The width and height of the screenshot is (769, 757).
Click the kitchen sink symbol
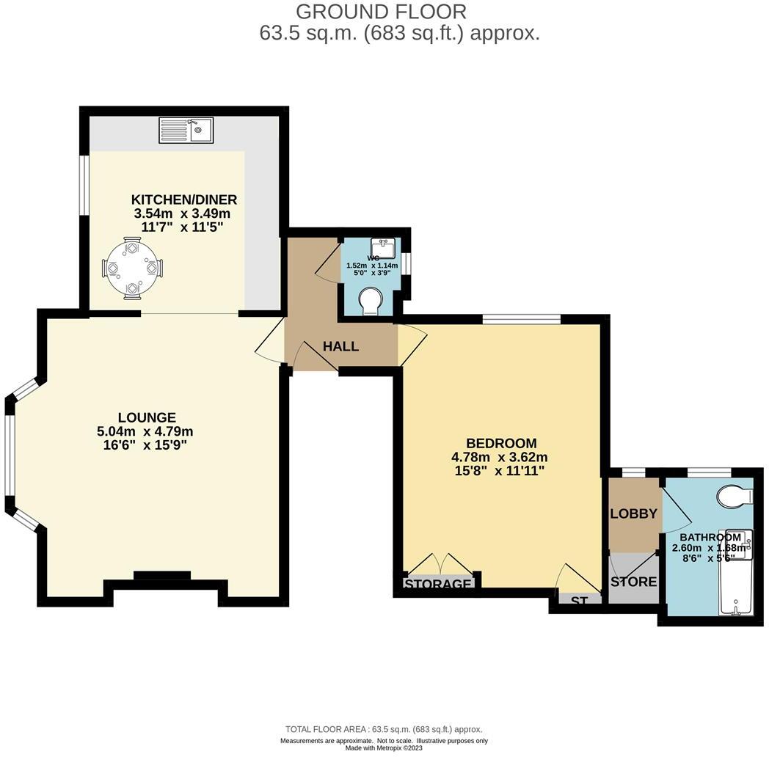click(186, 131)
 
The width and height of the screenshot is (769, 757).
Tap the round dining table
click(133, 268)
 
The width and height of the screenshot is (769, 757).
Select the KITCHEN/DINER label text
click(184, 200)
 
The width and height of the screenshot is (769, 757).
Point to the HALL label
click(341, 346)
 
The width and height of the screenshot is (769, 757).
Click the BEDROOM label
click(501, 443)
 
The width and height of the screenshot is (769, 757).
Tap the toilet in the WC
click(373, 301)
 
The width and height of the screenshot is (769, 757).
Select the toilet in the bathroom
click(735, 497)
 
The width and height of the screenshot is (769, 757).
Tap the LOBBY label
click(633, 513)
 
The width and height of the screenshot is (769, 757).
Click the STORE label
click(634, 582)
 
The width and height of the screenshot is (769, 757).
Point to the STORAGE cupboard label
click(437, 584)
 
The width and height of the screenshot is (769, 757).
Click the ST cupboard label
click(580, 601)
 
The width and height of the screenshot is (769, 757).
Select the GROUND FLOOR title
click(381, 12)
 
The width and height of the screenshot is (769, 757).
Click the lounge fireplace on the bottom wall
click(161, 577)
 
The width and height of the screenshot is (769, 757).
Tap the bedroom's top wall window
click(522, 318)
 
